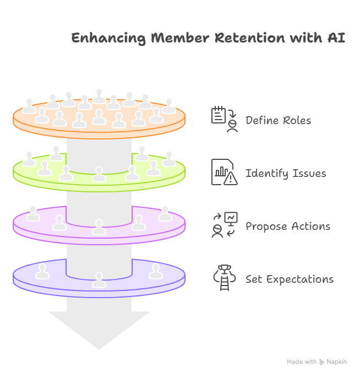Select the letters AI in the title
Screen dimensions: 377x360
pyautogui.click(x=337, y=39)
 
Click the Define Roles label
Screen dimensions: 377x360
pyautogui.click(x=278, y=121)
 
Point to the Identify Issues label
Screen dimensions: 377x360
pyautogui.click(x=286, y=174)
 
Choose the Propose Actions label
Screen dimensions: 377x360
pyautogui.click(x=288, y=227)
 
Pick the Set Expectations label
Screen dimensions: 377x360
pyautogui.click(x=290, y=279)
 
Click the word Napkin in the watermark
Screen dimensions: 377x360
pyautogui.click(x=337, y=362)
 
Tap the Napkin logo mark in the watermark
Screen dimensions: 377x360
pyautogui.click(x=322, y=362)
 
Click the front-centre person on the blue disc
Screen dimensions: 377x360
pyautogui.click(x=99, y=279)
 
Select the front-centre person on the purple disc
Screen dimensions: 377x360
pyautogui.click(x=99, y=227)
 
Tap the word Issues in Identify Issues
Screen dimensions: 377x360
pyautogui.click(x=309, y=174)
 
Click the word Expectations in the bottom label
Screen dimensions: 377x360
pyautogui.click(x=299, y=279)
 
